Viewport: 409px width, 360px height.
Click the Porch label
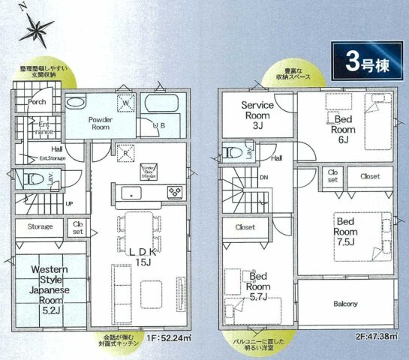pos(37,101)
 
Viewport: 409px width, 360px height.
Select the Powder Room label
pos(100,124)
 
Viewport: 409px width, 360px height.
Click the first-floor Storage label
pos(40,226)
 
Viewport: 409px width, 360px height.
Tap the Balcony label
pos(345,304)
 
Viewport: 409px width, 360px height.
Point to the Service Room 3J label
pos(257,115)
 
